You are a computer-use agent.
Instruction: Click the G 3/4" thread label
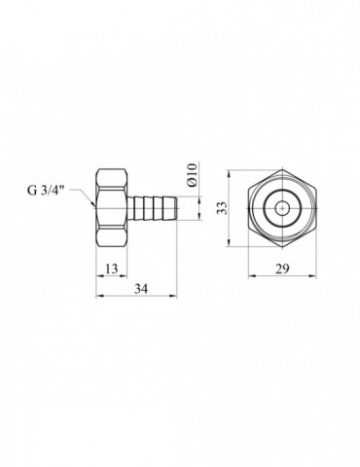pyautogui.click(x=46, y=190)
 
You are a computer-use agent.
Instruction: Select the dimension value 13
pyautogui.click(x=112, y=269)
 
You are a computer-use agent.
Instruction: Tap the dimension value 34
pyautogui.click(x=141, y=289)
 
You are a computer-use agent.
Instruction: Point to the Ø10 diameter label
pyautogui.click(x=193, y=175)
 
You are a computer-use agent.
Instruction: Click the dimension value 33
pyautogui.click(x=222, y=208)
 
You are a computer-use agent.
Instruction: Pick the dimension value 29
pyautogui.click(x=282, y=269)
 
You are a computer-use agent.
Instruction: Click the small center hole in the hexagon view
pyautogui.click(x=282, y=208)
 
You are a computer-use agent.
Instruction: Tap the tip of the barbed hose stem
pyautogui.click(x=176, y=208)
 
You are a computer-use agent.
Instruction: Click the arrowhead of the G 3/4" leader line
pyautogui.click(x=93, y=204)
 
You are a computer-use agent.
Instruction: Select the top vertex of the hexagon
pyautogui.click(x=282, y=169)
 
